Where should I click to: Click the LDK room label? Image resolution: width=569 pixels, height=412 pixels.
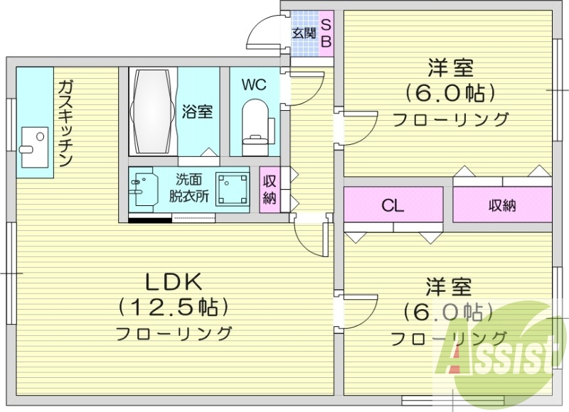pos(174,281)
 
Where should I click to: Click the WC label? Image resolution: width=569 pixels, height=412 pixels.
pos(253,85)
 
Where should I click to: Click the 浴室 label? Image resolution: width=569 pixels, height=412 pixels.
pos(197,112)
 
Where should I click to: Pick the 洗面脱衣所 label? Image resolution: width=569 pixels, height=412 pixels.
pos(189,190)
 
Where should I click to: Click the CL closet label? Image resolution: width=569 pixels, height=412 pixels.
pos(393,206)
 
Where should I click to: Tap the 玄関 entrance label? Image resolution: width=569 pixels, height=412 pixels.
pos(304,33)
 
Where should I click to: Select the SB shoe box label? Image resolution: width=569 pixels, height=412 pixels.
pos(325,33)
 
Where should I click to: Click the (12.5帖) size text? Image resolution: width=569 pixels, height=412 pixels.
pos(174,308)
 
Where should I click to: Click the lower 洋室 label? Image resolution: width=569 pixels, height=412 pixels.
pos(449,288)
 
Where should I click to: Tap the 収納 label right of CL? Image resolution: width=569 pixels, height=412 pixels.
pos(502,206)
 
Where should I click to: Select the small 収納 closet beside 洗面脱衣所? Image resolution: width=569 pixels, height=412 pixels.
pos(269,190)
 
